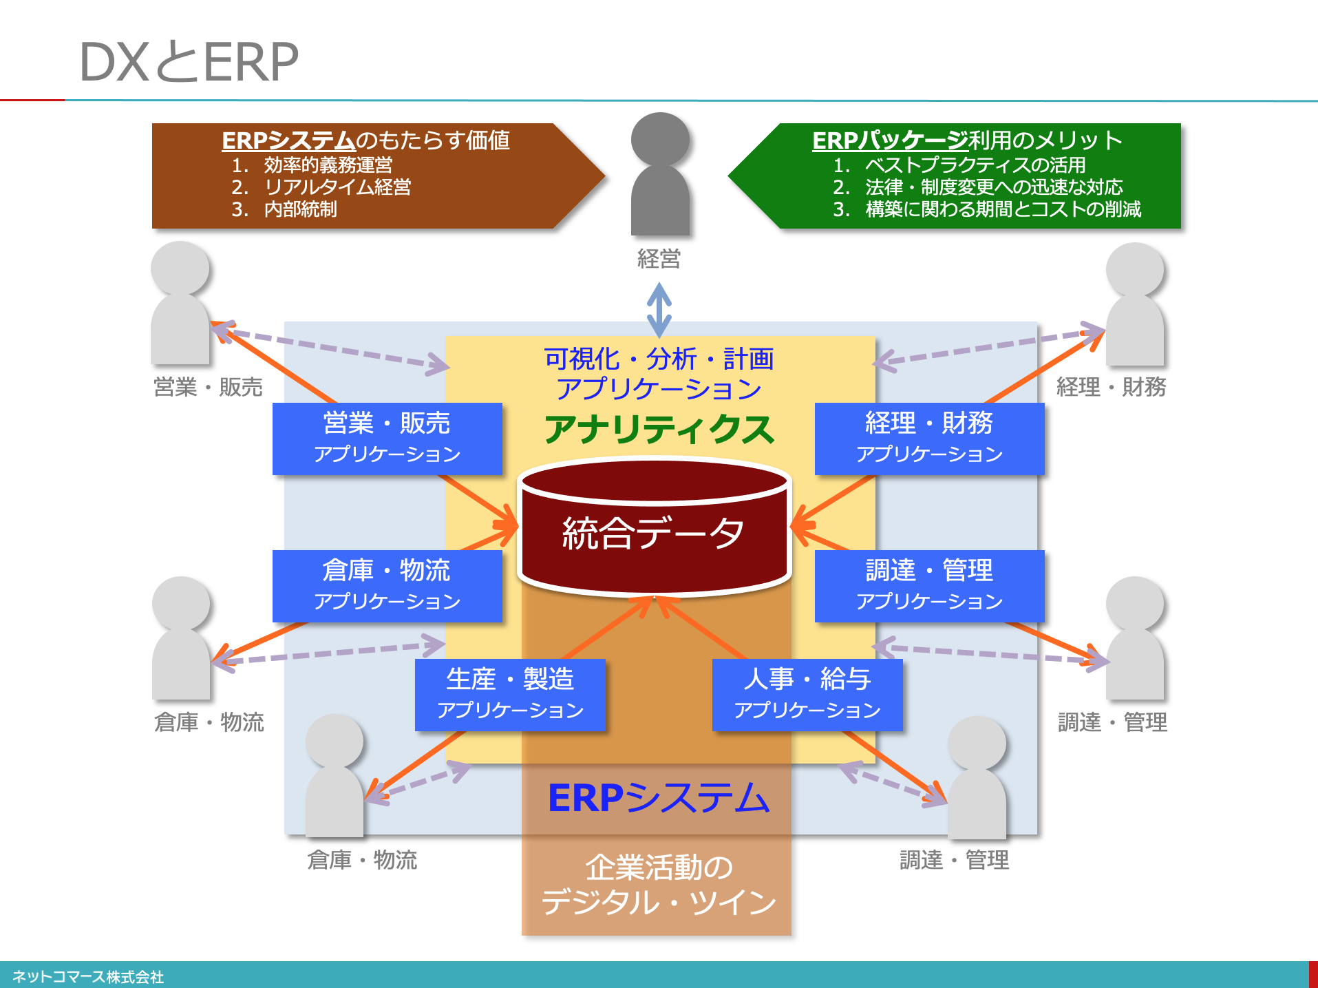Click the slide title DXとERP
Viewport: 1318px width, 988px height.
(189, 61)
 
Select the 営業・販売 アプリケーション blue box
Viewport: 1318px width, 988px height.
(387, 439)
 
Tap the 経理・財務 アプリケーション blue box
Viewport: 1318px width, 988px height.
(929, 439)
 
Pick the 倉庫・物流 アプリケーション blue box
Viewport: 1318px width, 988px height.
(387, 586)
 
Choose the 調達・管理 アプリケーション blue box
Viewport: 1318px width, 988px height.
(929, 586)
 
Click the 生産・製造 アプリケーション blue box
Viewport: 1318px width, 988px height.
(510, 695)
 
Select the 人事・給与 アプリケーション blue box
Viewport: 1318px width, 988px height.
(807, 695)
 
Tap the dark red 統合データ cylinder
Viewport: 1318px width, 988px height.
(654, 527)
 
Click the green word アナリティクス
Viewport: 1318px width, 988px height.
(659, 430)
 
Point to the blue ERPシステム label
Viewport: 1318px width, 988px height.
(659, 798)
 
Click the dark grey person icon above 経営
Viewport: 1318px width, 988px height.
(660, 174)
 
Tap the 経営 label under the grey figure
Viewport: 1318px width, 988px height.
(659, 259)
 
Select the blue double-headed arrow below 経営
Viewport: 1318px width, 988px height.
(659, 310)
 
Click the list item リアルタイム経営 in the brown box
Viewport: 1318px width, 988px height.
(337, 187)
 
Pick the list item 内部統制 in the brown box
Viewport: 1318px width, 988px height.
(300, 209)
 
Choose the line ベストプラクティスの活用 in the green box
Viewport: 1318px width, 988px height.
(975, 165)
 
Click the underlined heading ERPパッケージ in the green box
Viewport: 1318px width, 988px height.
(890, 140)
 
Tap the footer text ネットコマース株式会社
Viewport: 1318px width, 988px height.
(88, 976)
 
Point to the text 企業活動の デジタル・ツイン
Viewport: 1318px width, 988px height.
(659, 885)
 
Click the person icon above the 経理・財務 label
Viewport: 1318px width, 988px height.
(1135, 304)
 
